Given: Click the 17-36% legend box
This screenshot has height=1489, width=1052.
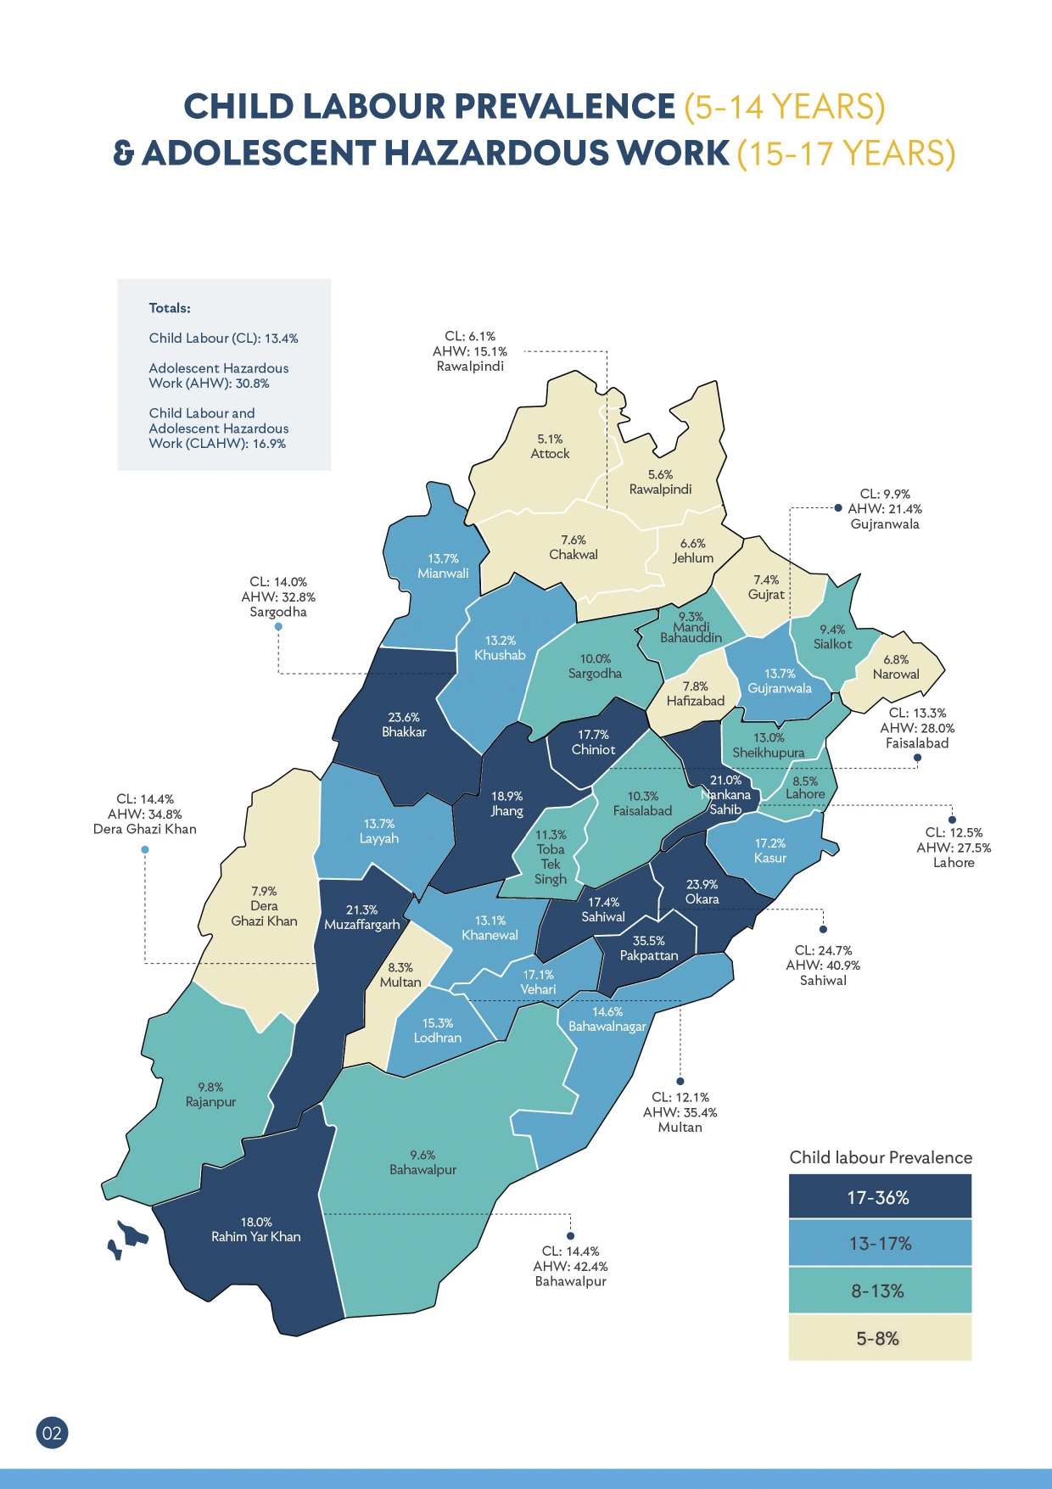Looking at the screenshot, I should pyautogui.click(x=880, y=1197).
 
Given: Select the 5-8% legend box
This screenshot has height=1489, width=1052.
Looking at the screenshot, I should pyautogui.click(x=880, y=1338).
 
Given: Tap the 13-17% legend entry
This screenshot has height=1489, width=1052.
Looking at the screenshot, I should pyautogui.click(x=880, y=1244).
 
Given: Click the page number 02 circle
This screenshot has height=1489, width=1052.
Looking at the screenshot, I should pyautogui.click(x=52, y=1433).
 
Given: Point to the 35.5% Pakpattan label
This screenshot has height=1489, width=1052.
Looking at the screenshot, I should pyautogui.click(x=648, y=949).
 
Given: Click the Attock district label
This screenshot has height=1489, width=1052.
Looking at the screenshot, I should pyautogui.click(x=550, y=446).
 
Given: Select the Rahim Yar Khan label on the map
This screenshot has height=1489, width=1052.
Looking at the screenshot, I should pyautogui.click(x=255, y=1230).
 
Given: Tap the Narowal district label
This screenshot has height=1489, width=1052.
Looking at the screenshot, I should pyautogui.click(x=896, y=667).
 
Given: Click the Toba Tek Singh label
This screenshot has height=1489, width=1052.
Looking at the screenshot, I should pyautogui.click(x=551, y=857).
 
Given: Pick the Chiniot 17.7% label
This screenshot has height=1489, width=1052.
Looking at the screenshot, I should pyautogui.click(x=593, y=742).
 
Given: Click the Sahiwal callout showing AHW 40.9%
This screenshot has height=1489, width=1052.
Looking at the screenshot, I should pyautogui.click(x=823, y=966).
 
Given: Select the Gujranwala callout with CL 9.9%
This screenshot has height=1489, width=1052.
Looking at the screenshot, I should pyautogui.click(x=885, y=509).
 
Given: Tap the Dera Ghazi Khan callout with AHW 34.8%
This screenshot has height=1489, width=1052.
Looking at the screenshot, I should pyautogui.click(x=145, y=814).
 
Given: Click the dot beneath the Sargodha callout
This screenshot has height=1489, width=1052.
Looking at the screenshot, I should pyautogui.click(x=278, y=627).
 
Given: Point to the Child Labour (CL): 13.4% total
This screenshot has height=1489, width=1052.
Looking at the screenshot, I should pyautogui.click(x=223, y=338).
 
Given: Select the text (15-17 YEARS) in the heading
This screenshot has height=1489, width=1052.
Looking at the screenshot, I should pyautogui.click(x=846, y=154).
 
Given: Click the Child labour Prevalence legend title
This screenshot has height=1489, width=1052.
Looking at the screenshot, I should pyautogui.click(x=881, y=1157).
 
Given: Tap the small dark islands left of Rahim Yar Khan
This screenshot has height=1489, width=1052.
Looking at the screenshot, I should pyautogui.click(x=127, y=1235).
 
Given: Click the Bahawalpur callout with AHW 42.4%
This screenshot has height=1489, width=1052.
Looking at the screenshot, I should pyautogui.click(x=570, y=1266).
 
